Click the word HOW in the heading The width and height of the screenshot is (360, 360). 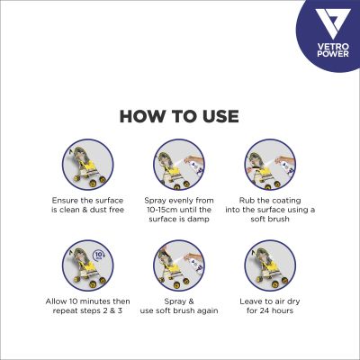click(141, 117)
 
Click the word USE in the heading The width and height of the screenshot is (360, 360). click(220, 117)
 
